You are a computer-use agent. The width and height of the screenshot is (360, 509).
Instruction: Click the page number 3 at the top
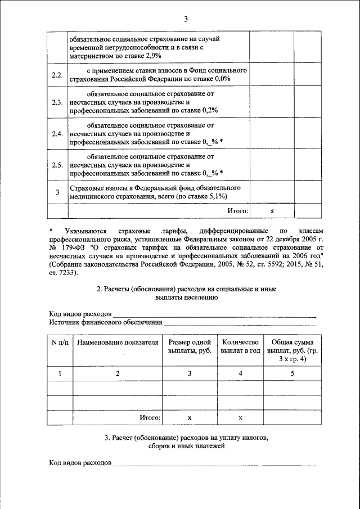(185, 20)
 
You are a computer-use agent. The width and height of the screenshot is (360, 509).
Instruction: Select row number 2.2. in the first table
(57, 75)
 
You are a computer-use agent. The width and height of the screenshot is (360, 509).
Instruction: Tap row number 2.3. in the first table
(57, 103)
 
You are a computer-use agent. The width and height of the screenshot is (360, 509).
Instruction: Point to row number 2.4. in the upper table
(57, 134)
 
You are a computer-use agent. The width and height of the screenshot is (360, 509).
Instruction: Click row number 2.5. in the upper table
(57, 165)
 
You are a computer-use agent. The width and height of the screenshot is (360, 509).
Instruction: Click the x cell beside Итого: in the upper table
(271, 211)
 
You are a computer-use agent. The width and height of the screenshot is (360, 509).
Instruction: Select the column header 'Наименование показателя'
(118, 343)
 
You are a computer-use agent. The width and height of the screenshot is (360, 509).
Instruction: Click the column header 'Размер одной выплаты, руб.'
(189, 346)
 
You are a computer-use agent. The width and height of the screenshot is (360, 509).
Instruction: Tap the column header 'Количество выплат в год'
(240, 346)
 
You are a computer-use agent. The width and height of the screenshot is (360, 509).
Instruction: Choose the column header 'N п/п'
(60, 343)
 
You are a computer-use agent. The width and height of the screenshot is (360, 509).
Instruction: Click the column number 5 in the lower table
(292, 373)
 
